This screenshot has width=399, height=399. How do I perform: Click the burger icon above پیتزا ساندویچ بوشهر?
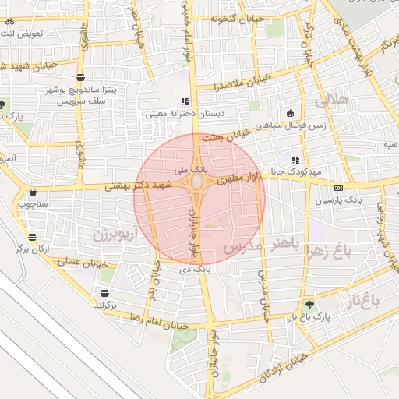point(81,76)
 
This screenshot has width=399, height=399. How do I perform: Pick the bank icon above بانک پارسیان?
point(338,188)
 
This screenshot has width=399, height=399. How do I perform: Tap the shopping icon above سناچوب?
point(33,192)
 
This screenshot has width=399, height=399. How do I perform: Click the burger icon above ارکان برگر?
point(32,238)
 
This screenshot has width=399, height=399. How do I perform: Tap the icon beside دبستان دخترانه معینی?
point(185,101)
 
